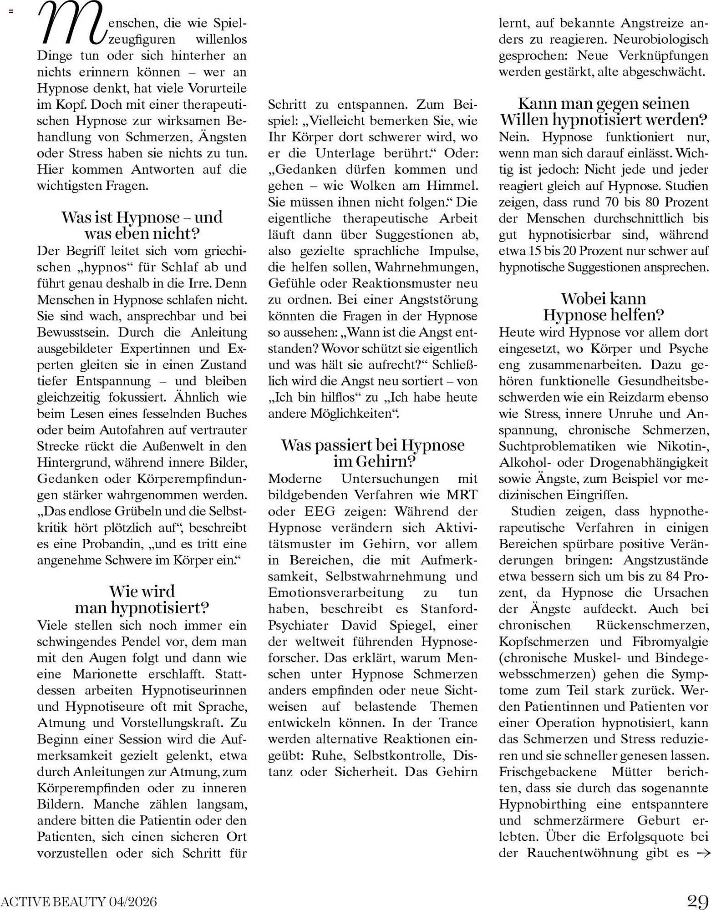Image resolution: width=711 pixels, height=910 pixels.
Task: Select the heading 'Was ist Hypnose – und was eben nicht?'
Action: click(x=142, y=225)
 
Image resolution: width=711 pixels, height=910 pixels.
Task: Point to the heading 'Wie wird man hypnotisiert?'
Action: click(x=142, y=599)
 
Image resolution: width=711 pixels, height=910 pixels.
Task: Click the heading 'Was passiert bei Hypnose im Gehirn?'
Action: click(x=373, y=453)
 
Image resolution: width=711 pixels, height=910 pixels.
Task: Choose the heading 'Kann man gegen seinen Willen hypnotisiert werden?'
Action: click(x=604, y=111)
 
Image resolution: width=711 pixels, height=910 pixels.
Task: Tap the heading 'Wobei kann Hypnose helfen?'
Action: click(x=604, y=306)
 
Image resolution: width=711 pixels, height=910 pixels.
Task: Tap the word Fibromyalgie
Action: click(x=670, y=642)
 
